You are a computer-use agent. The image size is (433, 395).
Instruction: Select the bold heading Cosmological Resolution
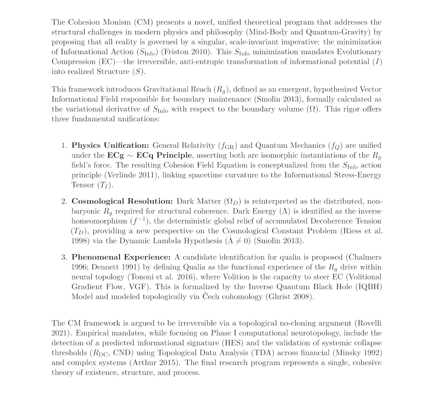122,201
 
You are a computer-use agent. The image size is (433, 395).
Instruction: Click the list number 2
64,201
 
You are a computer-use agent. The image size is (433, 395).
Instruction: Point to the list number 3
64,257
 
